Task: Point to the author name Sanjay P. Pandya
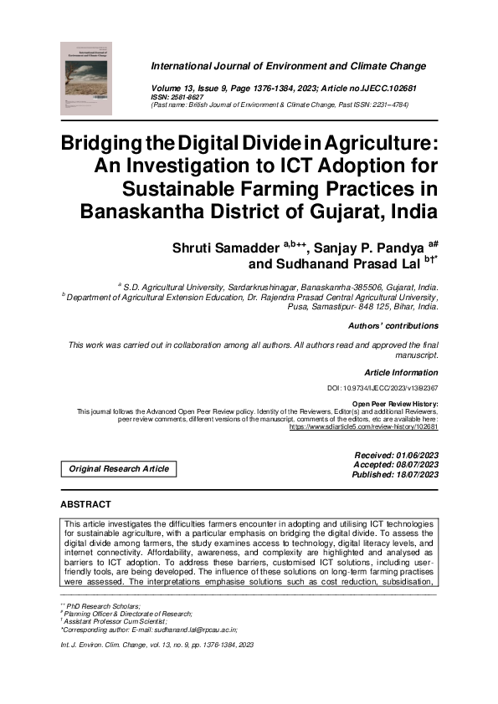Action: (x=370, y=247)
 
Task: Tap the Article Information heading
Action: (x=401, y=372)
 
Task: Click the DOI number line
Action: (x=382, y=389)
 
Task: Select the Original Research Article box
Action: (x=118, y=469)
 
